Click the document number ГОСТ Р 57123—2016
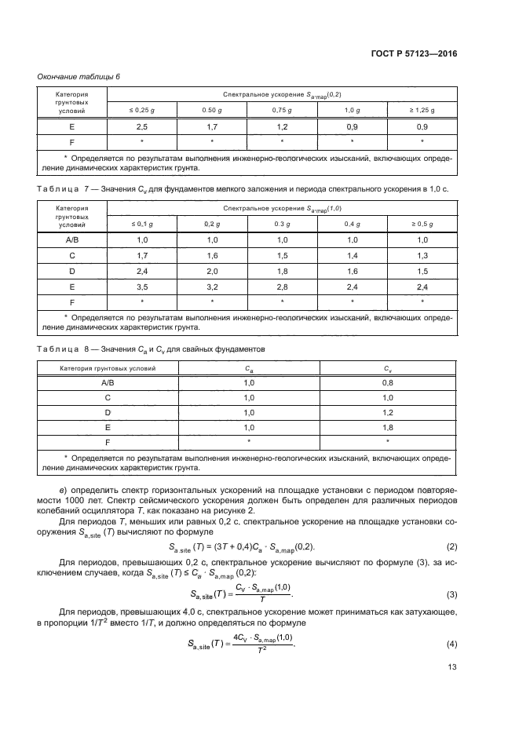[x=414, y=54]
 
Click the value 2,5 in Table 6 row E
[x=142, y=126]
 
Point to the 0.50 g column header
[x=212, y=111]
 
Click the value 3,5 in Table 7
[x=142, y=287]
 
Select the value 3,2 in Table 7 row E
[x=212, y=287]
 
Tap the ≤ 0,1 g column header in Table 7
[x=142, y=224]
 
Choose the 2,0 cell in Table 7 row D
[x=212, y=272]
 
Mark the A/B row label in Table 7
[x=71, y=240]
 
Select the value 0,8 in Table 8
[x=387, y=382]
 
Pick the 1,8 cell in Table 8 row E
[x=387, y=427]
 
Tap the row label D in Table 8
[x=108, y=412]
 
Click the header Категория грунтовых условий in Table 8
[x=108, y=367]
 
